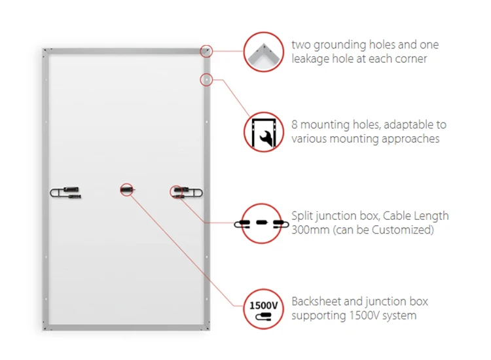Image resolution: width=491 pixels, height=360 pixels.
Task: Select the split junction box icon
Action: pyautogui.click(x=262, y=223)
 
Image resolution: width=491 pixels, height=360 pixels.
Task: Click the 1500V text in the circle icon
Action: pyautogui.click(x=263, y=305)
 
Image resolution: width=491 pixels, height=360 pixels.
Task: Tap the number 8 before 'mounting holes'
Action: pyautogui.click(x=295, y=124)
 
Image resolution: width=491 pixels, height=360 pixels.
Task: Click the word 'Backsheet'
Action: pyautogui.click(x=316, y=301)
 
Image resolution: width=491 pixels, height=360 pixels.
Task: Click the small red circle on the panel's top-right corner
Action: pyautogui.click(x=206, y=51)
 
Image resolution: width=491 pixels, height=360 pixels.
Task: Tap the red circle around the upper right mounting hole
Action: pyautogui.click(x=206, y=80)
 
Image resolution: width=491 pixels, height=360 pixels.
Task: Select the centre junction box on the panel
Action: pyautogui.click(x=127, y=189)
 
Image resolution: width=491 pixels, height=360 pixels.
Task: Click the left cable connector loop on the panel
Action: pyautogui.click(x=65, y=192)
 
